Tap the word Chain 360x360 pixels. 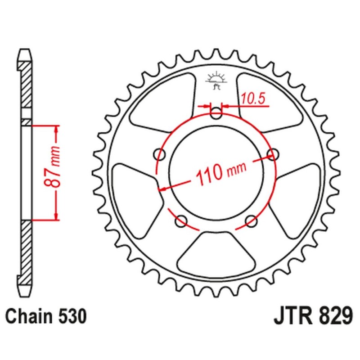[29, 317]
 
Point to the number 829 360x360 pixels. [333, 316]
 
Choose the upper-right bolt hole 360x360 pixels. [272, 154]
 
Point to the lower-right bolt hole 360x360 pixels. [251, 220]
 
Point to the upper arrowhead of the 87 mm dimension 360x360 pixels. [56, 129]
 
